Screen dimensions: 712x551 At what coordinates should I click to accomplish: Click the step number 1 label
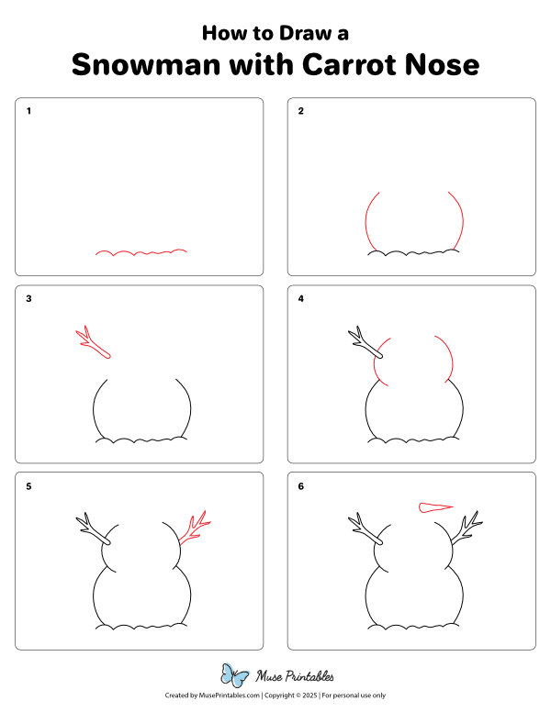(29, 112)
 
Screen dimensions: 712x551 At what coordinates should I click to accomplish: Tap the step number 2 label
(301, 112)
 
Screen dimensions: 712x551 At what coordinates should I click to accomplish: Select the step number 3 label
(29, 299)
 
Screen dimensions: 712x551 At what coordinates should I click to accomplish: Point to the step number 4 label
(301, 299)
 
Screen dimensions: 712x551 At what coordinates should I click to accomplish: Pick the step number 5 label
(29, 486)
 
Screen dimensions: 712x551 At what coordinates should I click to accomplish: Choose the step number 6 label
(301, 486)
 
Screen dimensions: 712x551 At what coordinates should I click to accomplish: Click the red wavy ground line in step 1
(142, 251)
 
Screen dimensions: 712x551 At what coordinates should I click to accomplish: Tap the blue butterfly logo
(235, 676)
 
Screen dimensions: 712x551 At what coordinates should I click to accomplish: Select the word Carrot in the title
(353, 65)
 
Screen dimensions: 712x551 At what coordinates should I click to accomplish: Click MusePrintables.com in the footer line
(229, 696)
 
